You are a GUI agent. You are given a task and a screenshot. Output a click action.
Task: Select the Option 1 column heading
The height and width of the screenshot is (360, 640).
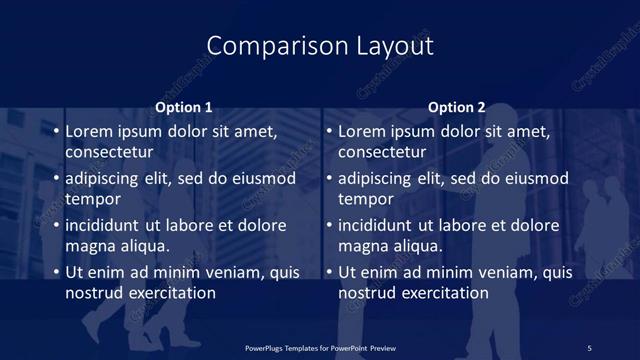[x=184, y=108]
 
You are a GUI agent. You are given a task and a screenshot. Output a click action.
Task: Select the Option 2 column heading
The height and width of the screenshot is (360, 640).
[x=456, y=108]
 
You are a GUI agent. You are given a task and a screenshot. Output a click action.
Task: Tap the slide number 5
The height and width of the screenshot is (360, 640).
[x=589, y=347]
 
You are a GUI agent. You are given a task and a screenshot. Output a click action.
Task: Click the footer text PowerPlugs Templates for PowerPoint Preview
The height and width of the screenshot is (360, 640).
[x=319, y=347]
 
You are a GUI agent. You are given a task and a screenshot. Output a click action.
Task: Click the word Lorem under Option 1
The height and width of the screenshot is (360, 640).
[x=90, y=131]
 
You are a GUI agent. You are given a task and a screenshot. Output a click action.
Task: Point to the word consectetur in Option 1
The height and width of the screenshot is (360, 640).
[x=109, y=152]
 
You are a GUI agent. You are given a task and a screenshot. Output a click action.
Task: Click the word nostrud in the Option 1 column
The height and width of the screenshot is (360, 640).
[x=95, y=293]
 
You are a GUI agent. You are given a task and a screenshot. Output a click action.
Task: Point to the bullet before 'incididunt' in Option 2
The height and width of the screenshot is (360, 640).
[x=329, y=226]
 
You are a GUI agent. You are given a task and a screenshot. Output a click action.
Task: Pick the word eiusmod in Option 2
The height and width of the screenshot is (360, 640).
[x=535, y=179]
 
